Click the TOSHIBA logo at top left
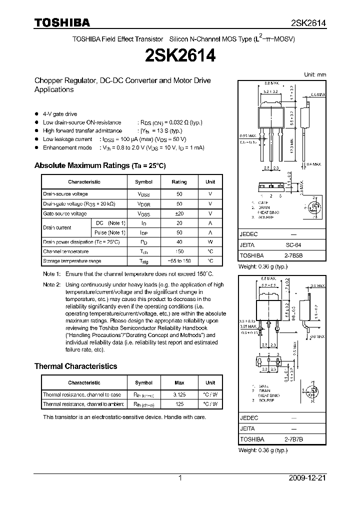(62, 22)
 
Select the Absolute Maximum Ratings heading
(100, 165)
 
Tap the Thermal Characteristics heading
(75, 366)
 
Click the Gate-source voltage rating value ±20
(179, 213)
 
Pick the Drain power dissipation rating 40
(179, 241)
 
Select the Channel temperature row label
(66, 251)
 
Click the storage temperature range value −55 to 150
(179, 261)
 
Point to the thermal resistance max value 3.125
(179, 394)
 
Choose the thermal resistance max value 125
(179, 404)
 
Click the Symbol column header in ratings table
(144, 182)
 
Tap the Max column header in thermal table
(179, 382)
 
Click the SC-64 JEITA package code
(293, 245)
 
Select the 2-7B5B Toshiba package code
(293, 254)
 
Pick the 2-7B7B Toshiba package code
(293, 439)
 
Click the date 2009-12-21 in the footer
(307, 478)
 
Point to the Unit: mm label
(315, 74)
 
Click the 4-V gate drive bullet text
(60, 114)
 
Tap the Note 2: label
(51, 284)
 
